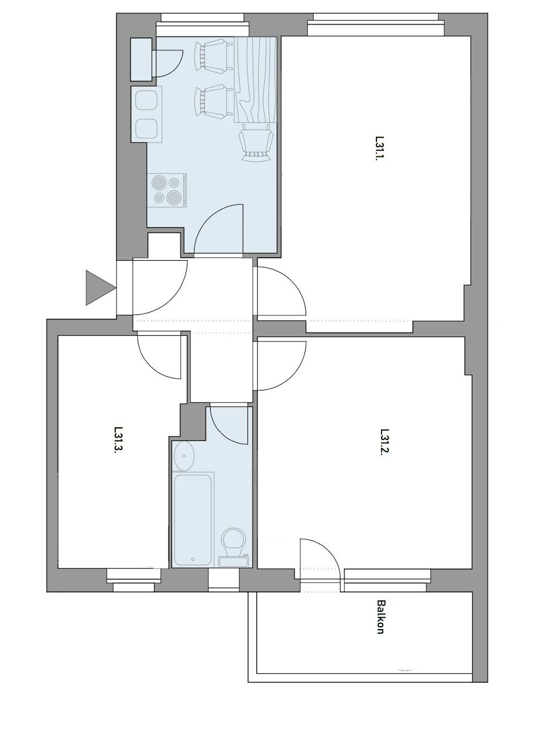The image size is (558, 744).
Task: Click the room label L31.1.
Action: tap(379, 148)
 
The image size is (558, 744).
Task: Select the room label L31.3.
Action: tap(118, 440)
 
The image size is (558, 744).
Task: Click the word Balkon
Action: tap(381, 617)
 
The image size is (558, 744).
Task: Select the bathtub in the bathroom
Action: tap(193, 519)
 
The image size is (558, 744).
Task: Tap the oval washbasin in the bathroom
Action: tap(184, 456)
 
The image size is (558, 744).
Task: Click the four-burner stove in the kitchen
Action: tap(166, 190)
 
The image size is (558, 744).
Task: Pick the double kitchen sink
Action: tap(146, 114)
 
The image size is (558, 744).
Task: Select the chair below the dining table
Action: tap(255, 142)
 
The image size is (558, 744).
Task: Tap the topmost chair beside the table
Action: tap(211, 57)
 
